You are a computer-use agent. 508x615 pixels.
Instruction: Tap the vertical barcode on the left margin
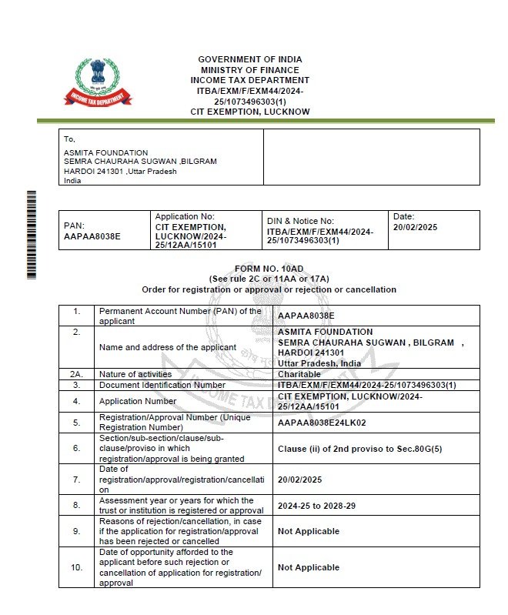tap(32, 234)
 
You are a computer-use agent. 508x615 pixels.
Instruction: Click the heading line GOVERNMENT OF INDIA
tap(250, 59)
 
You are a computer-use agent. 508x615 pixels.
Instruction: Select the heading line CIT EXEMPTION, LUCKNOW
tap(250, 112)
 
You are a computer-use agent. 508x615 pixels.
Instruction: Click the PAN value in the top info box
tap(92, 236)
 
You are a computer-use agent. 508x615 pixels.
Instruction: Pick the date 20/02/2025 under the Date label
tap(415, 229)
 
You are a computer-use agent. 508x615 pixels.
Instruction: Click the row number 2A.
tap(76, 373)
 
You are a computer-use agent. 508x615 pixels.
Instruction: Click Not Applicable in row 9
tap(308, 531)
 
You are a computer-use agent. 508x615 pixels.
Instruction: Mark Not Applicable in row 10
tap(308, 567)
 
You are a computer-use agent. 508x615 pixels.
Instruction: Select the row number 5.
tap(76, 422)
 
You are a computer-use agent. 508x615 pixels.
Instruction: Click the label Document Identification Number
tap(162, 384)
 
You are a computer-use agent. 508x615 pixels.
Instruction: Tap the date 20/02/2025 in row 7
tap(300, 479)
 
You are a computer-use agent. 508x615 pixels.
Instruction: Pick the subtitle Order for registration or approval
tap(269, 289)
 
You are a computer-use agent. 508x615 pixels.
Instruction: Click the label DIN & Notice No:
tap(300, 221)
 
